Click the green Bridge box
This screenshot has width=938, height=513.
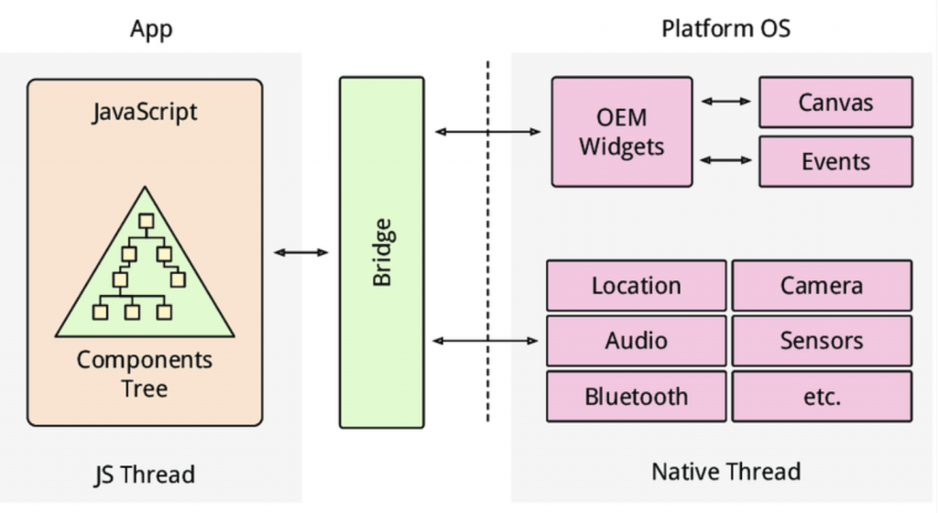382,252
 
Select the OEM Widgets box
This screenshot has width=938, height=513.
622,132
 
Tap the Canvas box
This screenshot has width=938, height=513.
835,103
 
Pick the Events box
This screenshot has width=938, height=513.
835,161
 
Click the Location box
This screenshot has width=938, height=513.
637,285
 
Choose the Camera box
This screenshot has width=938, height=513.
822,285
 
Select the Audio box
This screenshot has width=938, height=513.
637,340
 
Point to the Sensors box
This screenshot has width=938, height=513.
822,340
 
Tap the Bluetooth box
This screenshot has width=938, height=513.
637,397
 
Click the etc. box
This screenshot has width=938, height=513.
822,397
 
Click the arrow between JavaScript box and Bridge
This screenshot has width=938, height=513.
300,252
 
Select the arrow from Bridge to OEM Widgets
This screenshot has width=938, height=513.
487,132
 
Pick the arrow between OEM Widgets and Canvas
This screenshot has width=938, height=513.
725,102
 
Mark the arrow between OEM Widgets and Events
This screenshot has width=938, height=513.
725,160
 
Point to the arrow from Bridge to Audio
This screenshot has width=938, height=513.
485,341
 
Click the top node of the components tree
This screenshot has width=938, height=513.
146,221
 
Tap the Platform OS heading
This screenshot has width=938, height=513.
725,28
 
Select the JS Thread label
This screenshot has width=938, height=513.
145,475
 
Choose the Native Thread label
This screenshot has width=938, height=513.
725,472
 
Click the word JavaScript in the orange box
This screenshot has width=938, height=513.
145,112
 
